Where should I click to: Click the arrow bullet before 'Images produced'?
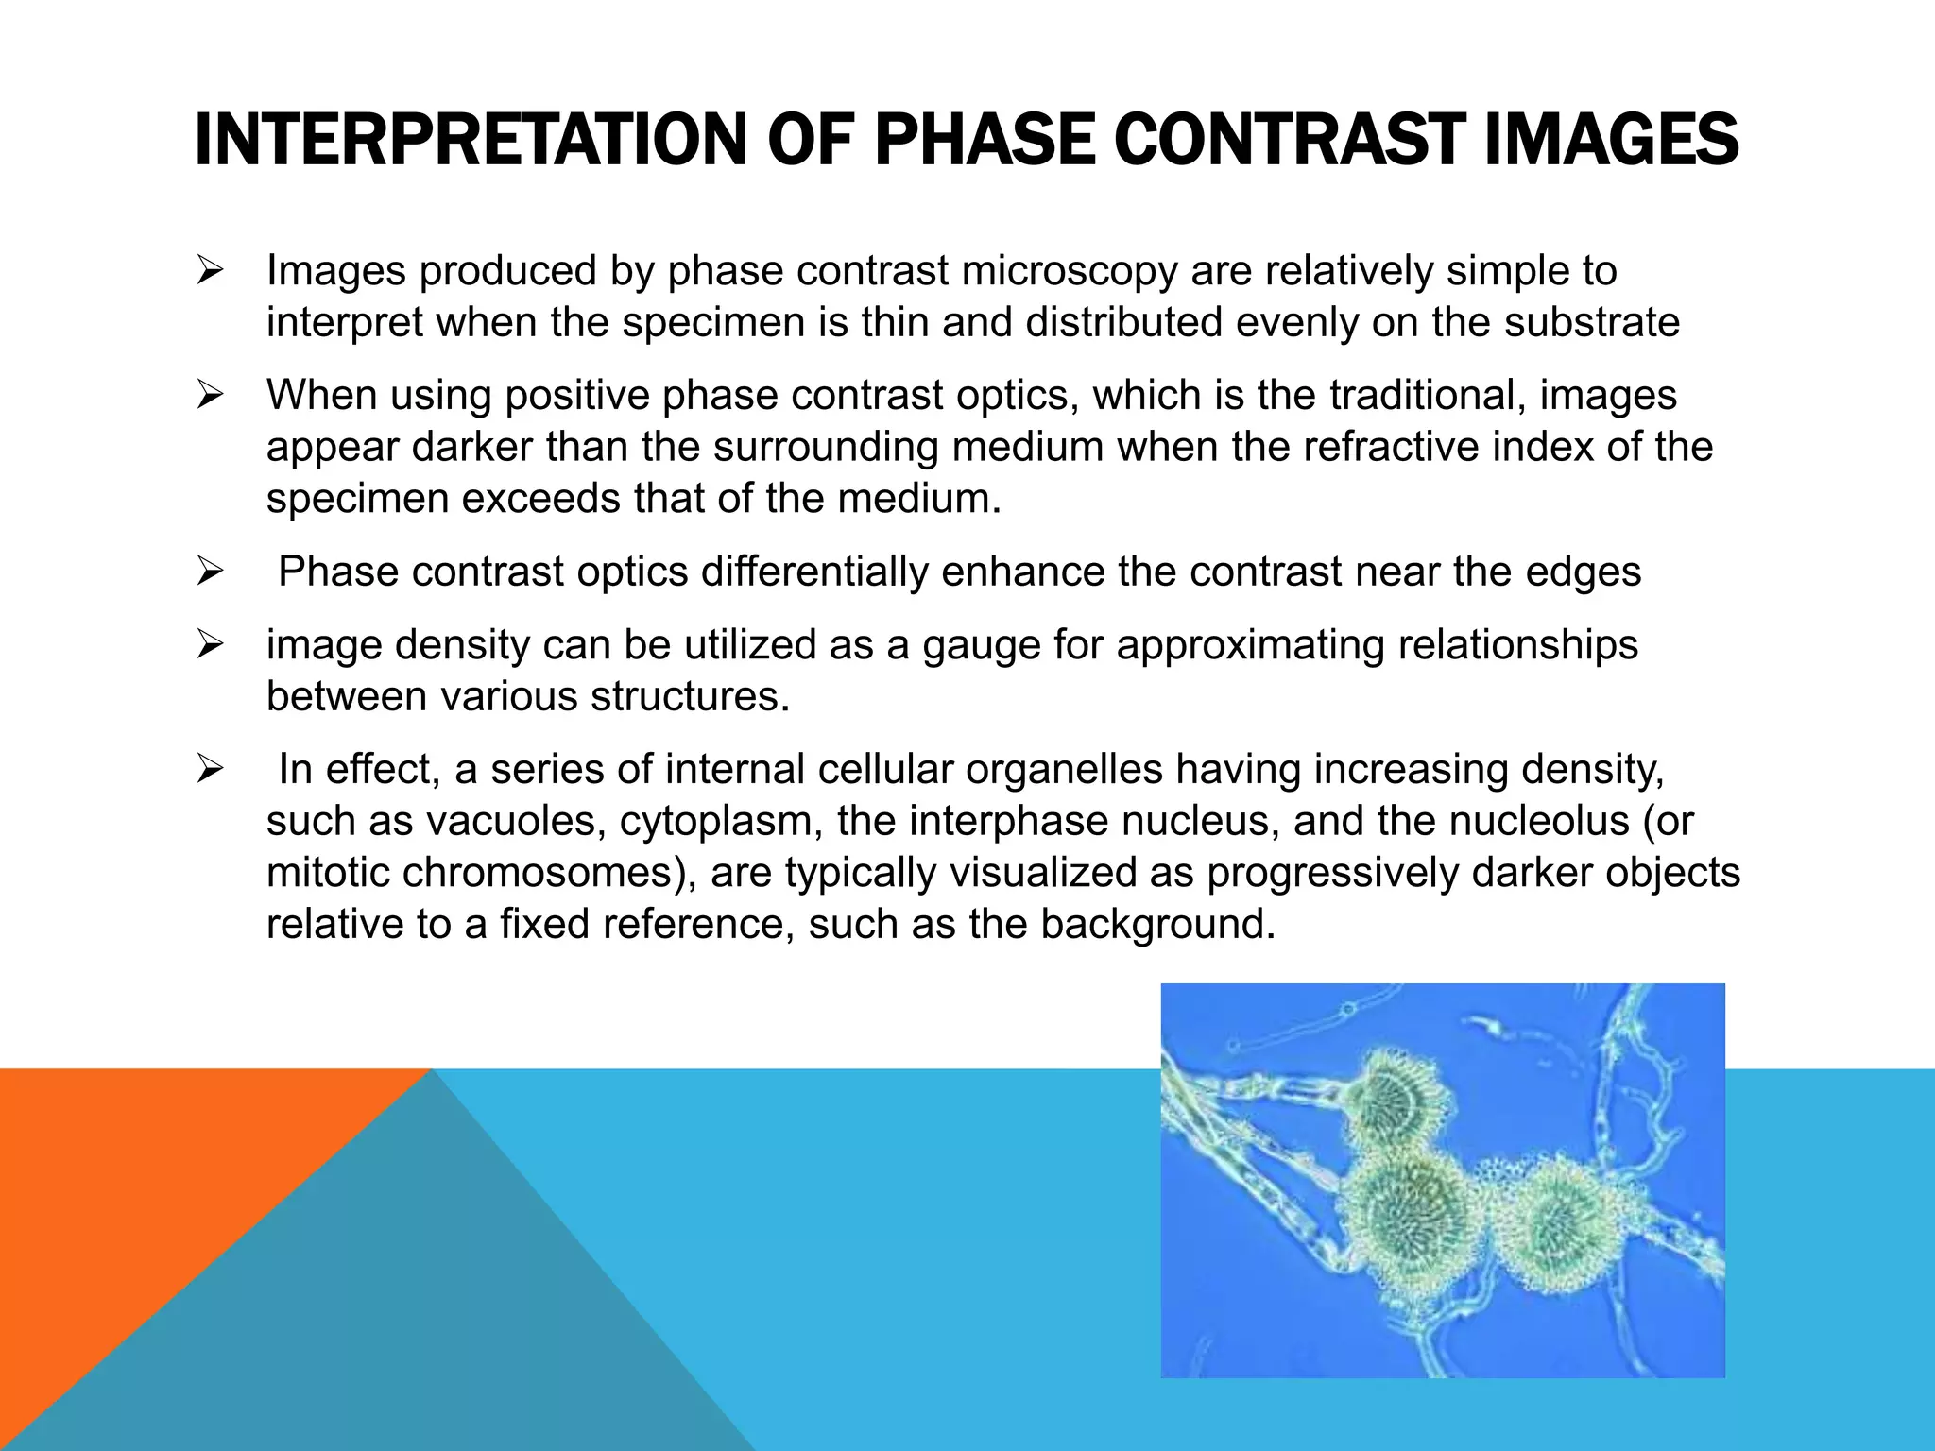pyautogui.click(x=210, y=272)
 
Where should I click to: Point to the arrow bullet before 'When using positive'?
pyautogui.click(x=210, y=396)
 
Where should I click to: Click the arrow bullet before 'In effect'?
pyautogui.click(x=210, y=770)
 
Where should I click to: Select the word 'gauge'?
pyautogui.click(x=981, y=646)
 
